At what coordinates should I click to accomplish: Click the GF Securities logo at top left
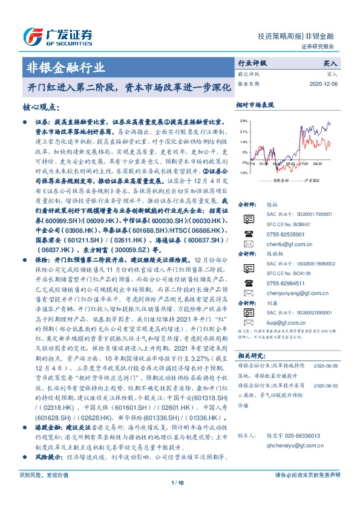coord(58,34)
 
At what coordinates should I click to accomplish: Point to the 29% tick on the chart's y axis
coord(243,122)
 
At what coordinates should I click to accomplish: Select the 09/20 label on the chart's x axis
coord(318,163)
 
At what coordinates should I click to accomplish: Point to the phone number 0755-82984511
coord(286,283)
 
